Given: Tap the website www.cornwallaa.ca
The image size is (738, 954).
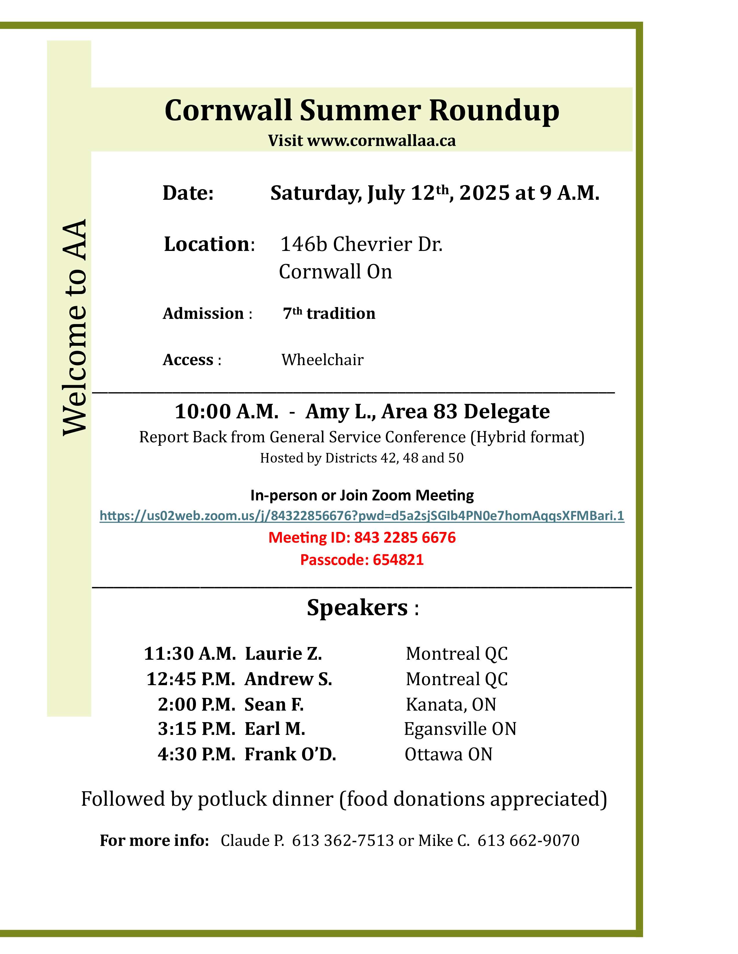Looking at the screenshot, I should [381, 141].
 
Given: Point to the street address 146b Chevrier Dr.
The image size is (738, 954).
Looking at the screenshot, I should [361, 244].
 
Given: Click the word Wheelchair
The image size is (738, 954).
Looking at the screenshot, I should [322, 360].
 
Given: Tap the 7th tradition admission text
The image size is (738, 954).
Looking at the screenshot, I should [329, 314].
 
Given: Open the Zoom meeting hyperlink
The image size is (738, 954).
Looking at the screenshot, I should [361, 516].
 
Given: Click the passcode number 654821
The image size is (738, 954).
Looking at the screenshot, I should [398, 560].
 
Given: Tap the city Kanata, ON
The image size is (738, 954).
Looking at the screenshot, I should [451, 705].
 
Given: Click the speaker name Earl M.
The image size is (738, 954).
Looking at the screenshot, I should [275, 729].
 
